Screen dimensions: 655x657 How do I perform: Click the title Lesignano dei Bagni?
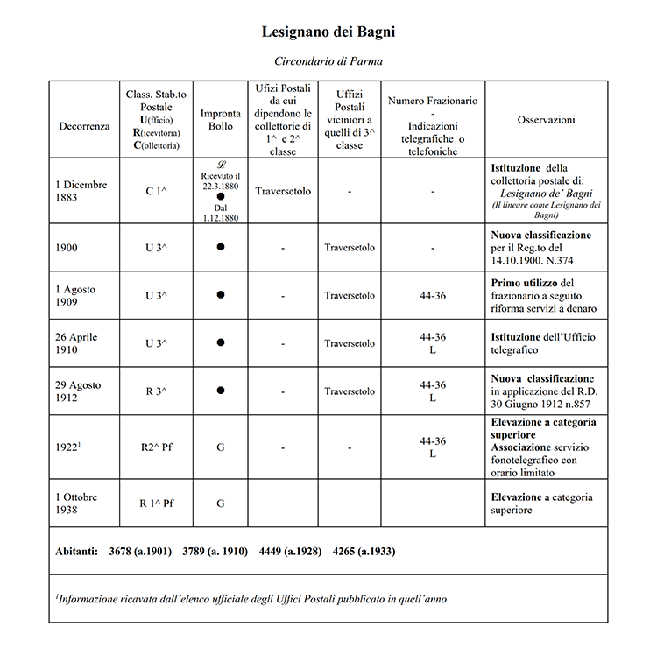[x=328, y=32]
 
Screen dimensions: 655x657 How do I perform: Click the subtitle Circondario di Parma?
[x=328, y=62]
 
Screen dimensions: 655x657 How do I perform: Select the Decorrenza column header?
[x=84, y=126]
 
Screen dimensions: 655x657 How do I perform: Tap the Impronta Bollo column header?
[x=221, y=120]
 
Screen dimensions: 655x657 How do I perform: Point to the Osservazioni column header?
[x=546, y=119]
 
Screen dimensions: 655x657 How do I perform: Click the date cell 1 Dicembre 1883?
[x=81, y=191]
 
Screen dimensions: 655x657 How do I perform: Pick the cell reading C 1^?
[x=155, y=191]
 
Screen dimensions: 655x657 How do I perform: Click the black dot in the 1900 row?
[x=221, y=248]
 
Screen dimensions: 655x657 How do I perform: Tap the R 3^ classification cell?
[x=155, y=391]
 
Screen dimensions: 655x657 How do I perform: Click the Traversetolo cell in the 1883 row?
[x=283, y=189]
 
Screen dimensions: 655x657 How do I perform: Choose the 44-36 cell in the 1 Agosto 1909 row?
[x=433, y=296]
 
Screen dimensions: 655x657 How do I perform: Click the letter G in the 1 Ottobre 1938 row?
[x=221, y=504]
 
